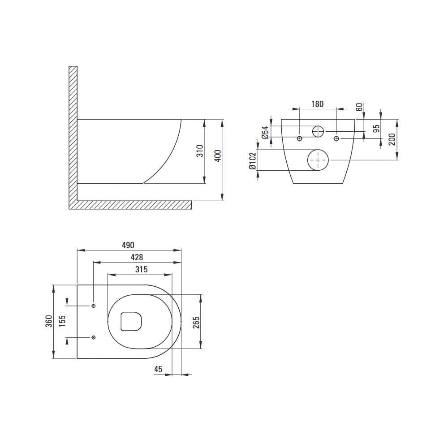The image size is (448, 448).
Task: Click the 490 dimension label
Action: [x=128, y=245]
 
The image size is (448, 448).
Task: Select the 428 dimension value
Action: [x=137, y=258]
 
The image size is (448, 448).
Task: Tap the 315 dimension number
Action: [x=142, y=269]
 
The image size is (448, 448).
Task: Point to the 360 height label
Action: [x=49, y=321]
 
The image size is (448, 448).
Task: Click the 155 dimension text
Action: [x=62, y=321]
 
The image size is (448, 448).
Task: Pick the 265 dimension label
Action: [x=196, y=323]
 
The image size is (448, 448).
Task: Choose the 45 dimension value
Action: [x=158, y=369]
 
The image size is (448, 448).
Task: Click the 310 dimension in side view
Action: [x=200, y=151]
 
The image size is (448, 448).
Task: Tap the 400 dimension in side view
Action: [x=218, y=156]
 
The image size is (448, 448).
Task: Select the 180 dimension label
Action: [x=318, y=104]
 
